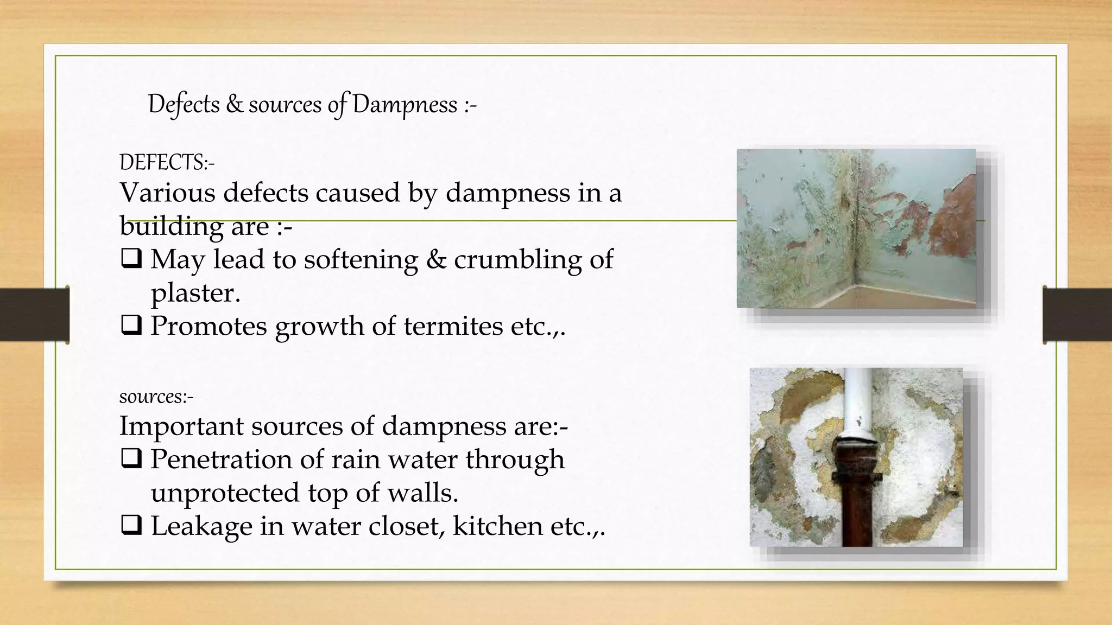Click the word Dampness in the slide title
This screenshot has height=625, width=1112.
[x=405, y=104]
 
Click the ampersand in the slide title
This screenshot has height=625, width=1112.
[x=234, y=104]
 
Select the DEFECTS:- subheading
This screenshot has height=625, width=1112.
[x=167, y=162]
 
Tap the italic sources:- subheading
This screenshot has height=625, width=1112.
[x=156, y=397]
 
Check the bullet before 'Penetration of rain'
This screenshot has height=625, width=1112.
[x=131, y=458]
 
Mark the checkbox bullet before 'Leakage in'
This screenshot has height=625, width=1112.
[x=131, y=525]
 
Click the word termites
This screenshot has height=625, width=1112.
[x=453, y=326]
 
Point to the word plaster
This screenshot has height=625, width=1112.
[x=195, y=294]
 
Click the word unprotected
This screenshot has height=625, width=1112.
[x=225, y=493]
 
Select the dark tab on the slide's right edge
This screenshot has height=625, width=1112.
[x=1077, y=315]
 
